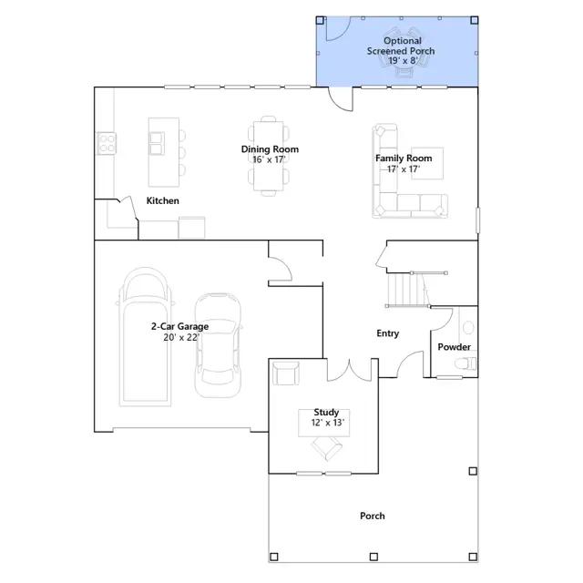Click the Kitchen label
162,200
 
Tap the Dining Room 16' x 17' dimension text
269,159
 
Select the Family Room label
404,159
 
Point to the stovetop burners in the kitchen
107,143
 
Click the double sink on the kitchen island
157,143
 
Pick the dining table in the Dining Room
269,156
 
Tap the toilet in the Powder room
465,363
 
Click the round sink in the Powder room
468,328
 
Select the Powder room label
454,347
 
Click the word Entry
387,333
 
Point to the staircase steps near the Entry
408,290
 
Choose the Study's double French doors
349,371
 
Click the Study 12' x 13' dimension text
328,423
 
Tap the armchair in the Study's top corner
285,373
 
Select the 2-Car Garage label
179,326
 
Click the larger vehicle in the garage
146,336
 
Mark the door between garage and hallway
280,269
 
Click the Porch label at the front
373,517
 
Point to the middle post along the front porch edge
373,557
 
